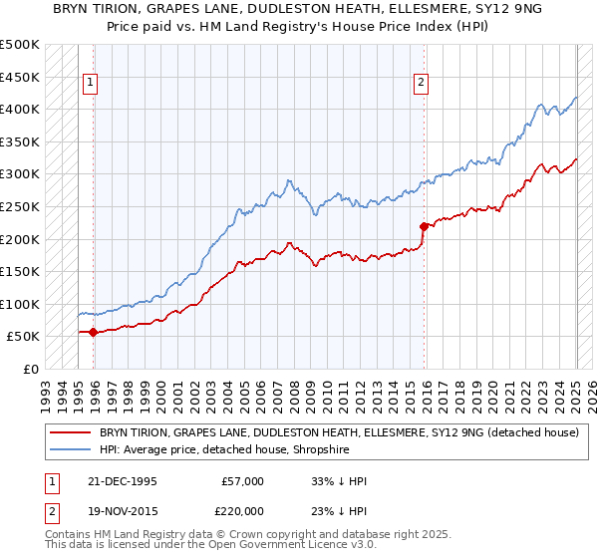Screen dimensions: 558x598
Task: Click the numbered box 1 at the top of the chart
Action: (90, 83)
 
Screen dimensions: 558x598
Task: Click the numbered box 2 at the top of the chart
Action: (421, 83)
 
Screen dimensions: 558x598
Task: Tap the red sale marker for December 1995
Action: (94, 332)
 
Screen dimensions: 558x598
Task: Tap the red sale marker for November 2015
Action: (424, 226)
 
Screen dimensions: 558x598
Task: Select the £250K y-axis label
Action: (20, 206)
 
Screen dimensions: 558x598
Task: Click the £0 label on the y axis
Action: (31, 369)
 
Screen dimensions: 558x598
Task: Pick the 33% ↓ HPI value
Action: (340, 481)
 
